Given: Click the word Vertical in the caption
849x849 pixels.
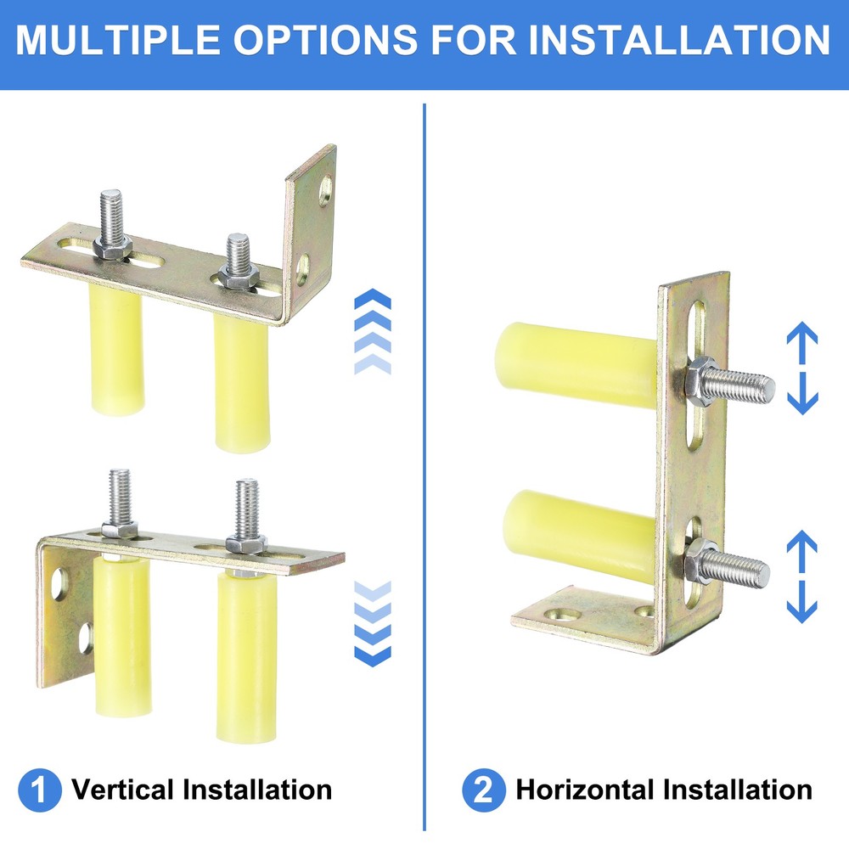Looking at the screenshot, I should tap(122, 790).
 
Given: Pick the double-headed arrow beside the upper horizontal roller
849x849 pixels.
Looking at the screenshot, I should tap(802, 368).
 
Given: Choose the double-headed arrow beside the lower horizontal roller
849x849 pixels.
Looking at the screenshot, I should tap(802, 576).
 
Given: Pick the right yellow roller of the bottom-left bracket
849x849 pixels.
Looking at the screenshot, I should tap(245, 654).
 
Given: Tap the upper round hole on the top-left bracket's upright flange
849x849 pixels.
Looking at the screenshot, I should tap(325, 191).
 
